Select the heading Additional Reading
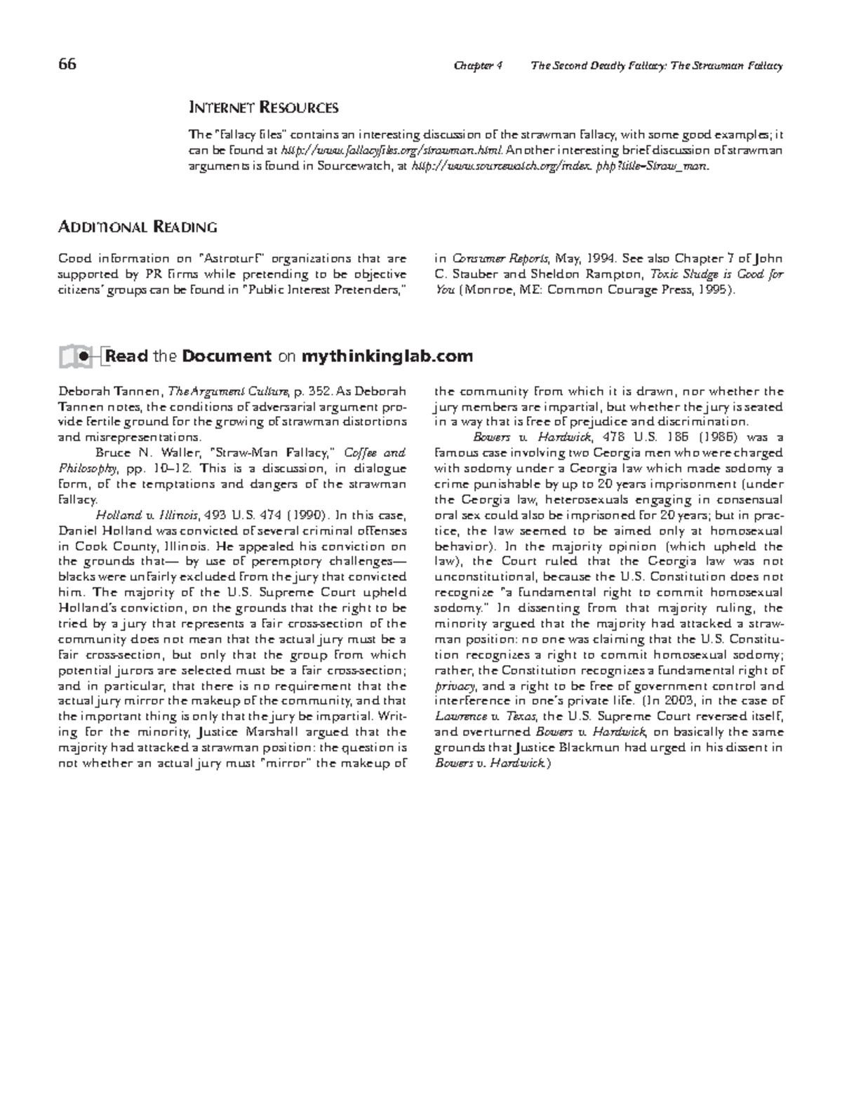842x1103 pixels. pos(137,227)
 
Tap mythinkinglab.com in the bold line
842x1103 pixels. pos(387,356)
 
